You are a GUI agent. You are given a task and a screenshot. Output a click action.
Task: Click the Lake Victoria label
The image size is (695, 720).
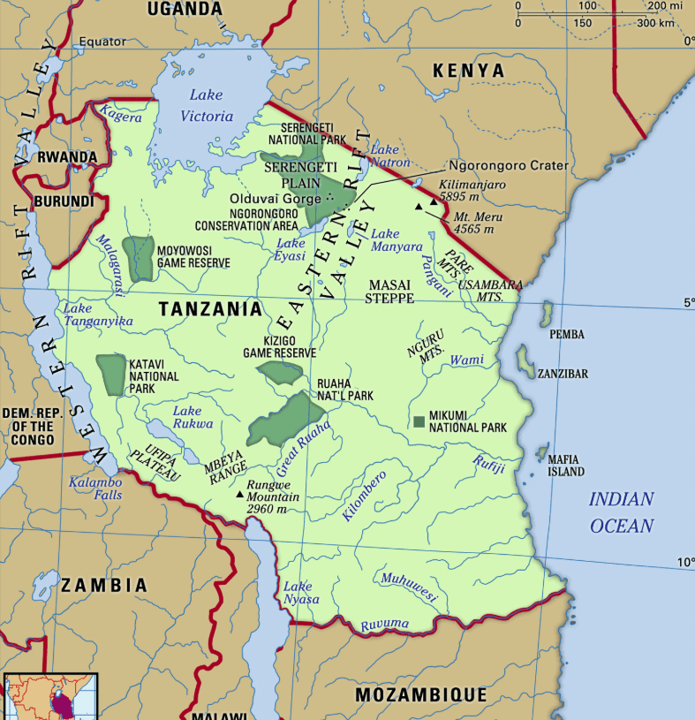point(207,107)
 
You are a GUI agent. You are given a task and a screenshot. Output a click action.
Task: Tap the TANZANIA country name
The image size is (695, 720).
point(210,309)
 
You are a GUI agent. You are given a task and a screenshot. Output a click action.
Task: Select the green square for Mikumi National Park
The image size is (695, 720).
point(419,421)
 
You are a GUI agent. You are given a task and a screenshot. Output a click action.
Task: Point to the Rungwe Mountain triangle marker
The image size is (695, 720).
point(240,494)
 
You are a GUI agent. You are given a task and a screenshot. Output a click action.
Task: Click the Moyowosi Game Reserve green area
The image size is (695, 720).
point(137,259)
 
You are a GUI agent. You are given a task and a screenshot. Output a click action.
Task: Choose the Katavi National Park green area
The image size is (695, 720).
point(111,375)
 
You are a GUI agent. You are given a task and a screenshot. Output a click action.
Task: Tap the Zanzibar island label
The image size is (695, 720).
point(563,375)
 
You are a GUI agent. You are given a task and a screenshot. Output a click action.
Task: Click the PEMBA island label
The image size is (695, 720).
point(567,335)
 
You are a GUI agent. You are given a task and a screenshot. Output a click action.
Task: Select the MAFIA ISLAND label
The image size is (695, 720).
point(565,466)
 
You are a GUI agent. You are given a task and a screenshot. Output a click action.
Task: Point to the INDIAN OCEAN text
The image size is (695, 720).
point(622,512)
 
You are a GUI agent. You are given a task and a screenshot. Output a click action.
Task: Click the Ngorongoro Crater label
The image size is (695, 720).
point(508,166)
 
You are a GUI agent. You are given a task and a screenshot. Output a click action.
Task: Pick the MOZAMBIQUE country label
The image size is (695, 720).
point(420,695)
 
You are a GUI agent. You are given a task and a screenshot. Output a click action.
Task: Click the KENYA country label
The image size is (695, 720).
point(468,71)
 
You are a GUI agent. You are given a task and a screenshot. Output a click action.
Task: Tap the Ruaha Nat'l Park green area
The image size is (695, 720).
point(285,419)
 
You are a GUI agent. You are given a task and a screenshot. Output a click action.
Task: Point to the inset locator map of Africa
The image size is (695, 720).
point(50,697)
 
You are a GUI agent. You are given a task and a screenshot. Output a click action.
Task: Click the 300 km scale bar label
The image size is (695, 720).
point(654,22)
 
